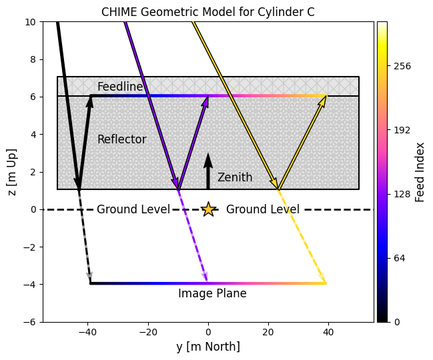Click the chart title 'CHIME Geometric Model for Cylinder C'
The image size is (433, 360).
pyautogui.click(x=207, y=12)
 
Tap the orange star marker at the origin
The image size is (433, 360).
pyautogui.click(x=208, y=209)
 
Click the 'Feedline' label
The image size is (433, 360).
pyautogui.click(x=120, y=87)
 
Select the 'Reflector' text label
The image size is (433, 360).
pyautogui.click(x=121, y=139)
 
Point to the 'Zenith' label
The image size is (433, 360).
pyautogui.click(x=235, y=177)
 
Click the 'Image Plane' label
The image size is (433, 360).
pyautogui.click(x=212, y=293)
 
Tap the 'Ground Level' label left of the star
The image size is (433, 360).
pyautogui.click(x=133, y=209)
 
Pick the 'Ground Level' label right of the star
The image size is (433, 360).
pyautogui.click(x=262, y=209)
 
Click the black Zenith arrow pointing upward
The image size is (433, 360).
pyautogui.click(x=208, y=171)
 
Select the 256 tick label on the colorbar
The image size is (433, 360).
pyautogui.click(x=402, y=66)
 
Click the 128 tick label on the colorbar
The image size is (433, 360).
pyautogui.click(x=402, y=194)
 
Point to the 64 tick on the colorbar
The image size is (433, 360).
pyautogui.click(x=400, y=258)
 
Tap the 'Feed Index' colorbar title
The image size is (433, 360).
pyautogui.click(x=420, y=171)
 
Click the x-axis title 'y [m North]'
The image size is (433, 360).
pyautogui.click(x=208, y=347)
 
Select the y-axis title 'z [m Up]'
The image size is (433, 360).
pyautogui.click(x=13, y=171)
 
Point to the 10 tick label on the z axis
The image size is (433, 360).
pyautogui.click(x=31, y=22)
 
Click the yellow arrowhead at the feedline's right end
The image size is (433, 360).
pyautogui.click(x=324, y=100)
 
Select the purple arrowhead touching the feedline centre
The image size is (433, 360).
pyautogui.click(x=205, y=101)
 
